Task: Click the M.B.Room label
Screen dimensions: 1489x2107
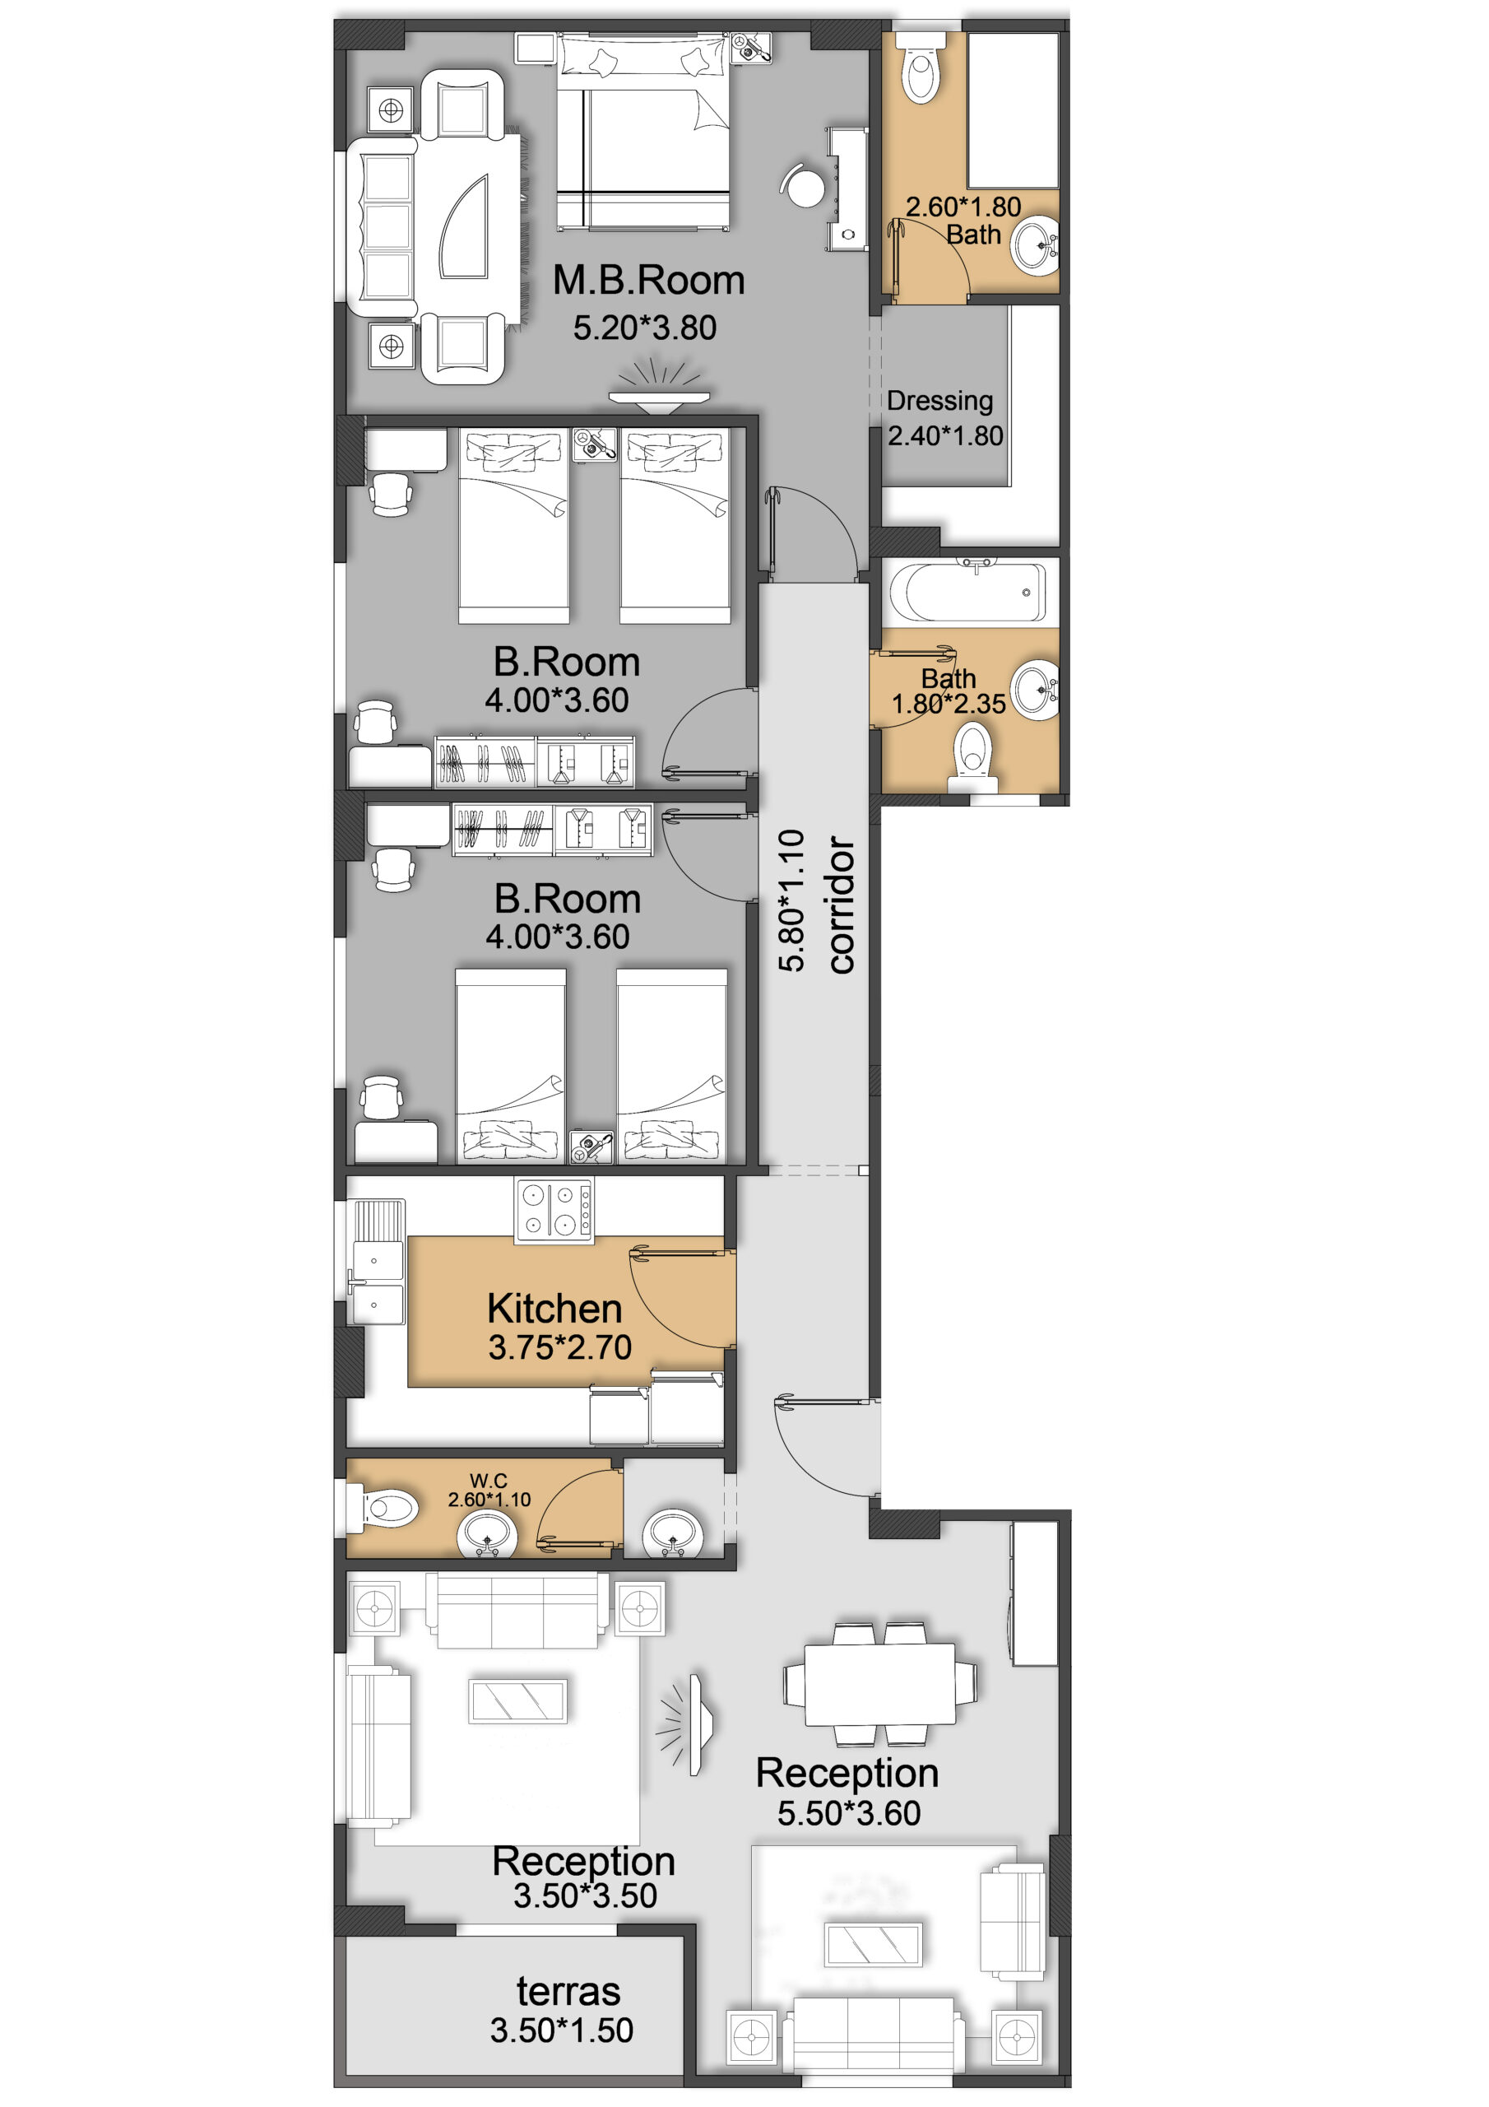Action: [x=647, y=280]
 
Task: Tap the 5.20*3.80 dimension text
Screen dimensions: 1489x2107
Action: [x=645, y=328]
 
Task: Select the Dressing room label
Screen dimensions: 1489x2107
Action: [x=939, y=401]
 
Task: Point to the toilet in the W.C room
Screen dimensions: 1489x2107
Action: [x=383, y=1507]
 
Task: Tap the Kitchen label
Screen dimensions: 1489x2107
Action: [x=554, y=1308]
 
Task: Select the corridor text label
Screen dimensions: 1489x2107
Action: [x=841, y=904]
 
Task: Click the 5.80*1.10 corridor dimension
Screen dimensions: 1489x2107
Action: [x=791, y=900]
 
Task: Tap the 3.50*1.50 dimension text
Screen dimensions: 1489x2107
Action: [x=562, y=2030]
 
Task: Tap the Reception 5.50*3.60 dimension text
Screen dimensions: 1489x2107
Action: [x=849, y=1813]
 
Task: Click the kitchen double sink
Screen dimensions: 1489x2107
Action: [x=377, y=1282]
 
